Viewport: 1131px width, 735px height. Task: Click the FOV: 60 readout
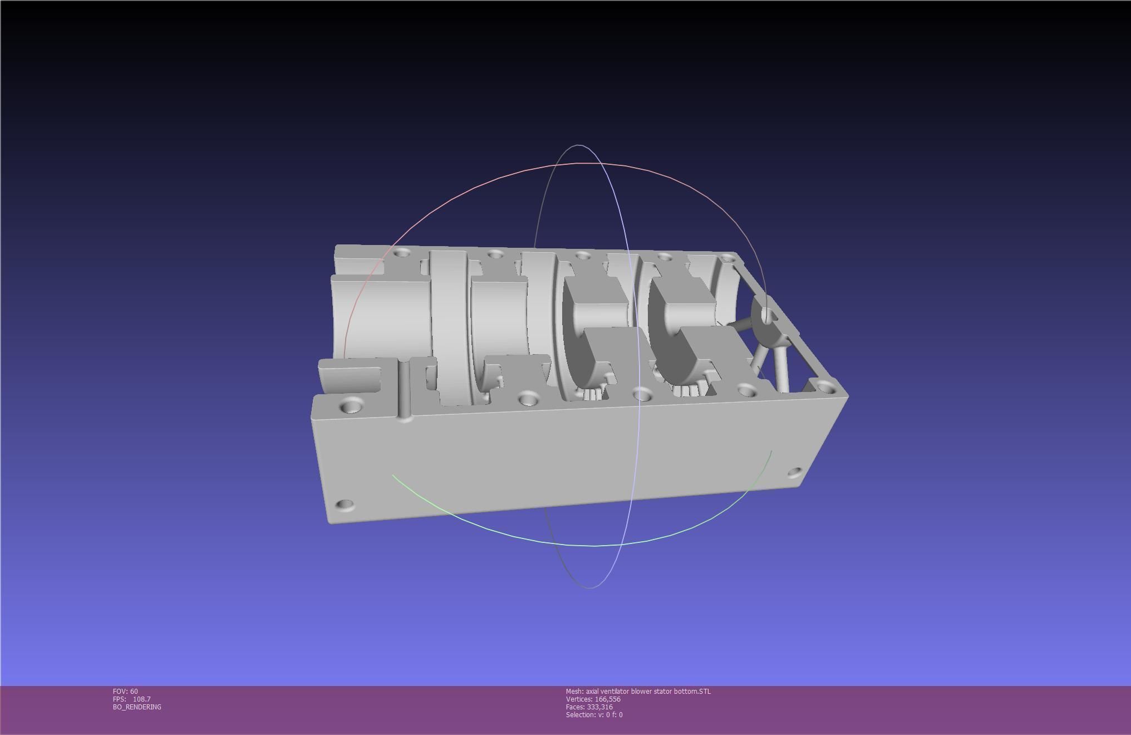click(x=125, y=691)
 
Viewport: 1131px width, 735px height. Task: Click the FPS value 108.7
click(x=141, y=699)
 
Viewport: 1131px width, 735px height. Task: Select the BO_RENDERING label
click(x=137, y=707)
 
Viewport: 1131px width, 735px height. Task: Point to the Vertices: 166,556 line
click(x=593, y=699)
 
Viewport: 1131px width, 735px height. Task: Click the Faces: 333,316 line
click(x=589, y=707)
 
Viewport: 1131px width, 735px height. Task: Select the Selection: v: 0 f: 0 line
click(x=594, y=714)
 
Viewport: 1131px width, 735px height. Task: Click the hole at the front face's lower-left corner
click(x=345, y=505)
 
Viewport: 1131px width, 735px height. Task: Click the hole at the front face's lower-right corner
click(x=795, y=473)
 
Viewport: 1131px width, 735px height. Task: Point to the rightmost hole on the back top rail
click(x=727, y=257)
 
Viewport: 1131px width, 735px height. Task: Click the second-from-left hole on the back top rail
click(x=495, y=254)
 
